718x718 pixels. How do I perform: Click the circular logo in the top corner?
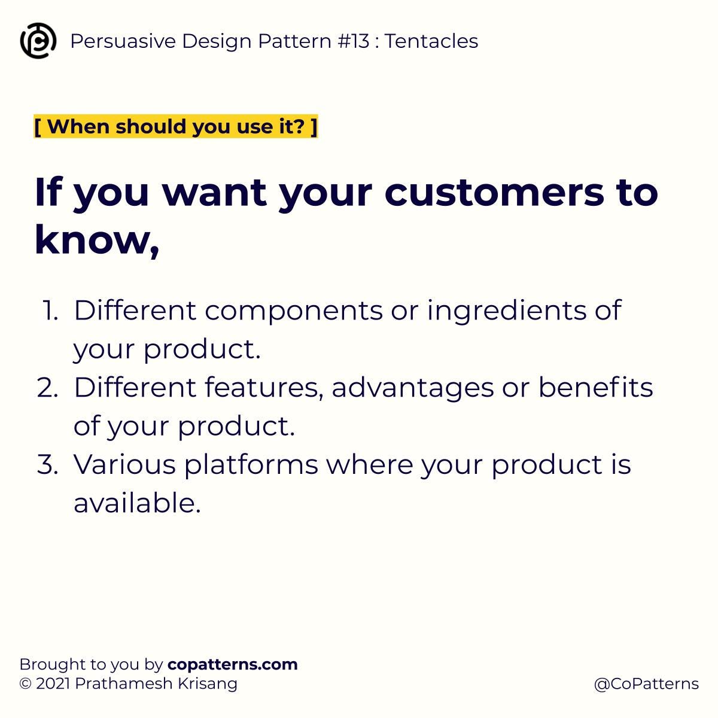tap(38, 41)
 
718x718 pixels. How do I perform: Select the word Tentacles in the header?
tap(431, 41)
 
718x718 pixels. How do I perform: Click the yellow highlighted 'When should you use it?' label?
tap(176, 127)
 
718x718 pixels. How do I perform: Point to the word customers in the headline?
tap(494, 192)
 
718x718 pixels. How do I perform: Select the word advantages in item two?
tap(412, 388)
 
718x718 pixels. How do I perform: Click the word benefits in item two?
tap(595, 388)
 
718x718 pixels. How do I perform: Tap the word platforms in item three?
tap(251, 464)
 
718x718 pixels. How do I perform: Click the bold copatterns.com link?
tap(233, 664)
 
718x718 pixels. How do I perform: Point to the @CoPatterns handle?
tap(646, 684)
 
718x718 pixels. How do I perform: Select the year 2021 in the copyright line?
tap(53, 683)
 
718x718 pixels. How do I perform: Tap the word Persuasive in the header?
tap(123, 41)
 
